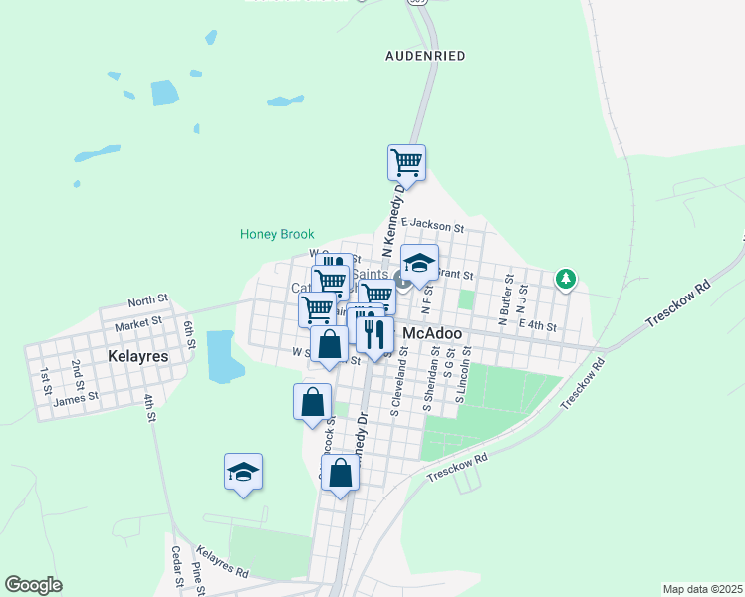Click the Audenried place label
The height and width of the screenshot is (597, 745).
pyautogui.click(x=425, y=56)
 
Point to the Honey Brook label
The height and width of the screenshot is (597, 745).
pyautogui.click(x=277, y=235)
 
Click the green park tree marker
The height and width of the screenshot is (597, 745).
pyautogui.click(x=566, y=279)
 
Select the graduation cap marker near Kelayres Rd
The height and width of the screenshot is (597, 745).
pyautogui.click(x=243, y=472)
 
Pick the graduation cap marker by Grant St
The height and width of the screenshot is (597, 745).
pyautogui.click(x=420, y=264)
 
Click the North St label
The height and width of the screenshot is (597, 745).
pyautogui.click(x=148, y=300)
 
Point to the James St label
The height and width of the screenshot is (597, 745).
pyautogui.click(x=76, y=397)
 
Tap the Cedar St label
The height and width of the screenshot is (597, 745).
pyautogui.click(x=176, y=566)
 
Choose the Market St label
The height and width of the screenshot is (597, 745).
pyautogui.click(x=137, y=324)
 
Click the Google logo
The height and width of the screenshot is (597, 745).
pyautogui.click(x=33, y=585)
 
